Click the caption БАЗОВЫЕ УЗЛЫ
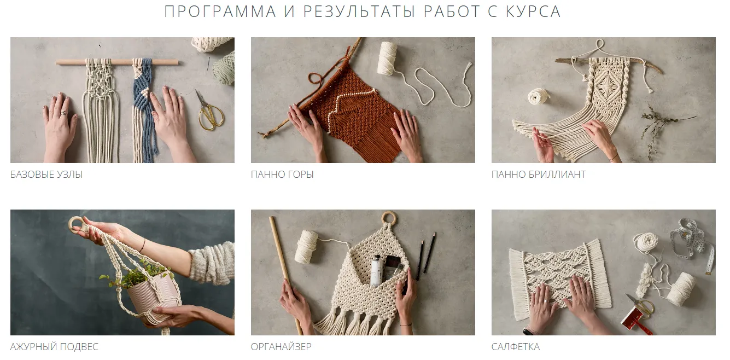coord(46,175)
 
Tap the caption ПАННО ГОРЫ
coord(282,175)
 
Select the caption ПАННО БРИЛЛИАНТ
coord(539,175)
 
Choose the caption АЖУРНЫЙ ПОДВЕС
coord(54,347)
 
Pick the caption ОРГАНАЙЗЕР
coord(281,347)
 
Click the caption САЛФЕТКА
coord(516,347)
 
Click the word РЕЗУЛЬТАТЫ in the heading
coord(359,11)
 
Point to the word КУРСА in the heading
coord(533,11)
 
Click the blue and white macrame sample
coord(143,108)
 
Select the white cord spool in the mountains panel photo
coord(387,58)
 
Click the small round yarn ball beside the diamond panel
coord(538,96)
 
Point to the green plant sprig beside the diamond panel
coord(662,130)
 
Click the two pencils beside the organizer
coord(425,256)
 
